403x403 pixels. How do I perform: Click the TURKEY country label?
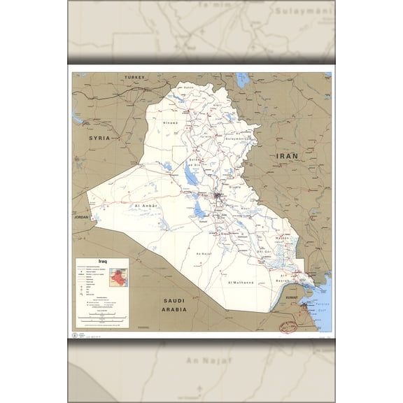[x=133, y=76]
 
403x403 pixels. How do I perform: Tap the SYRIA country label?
[x=99, y=139]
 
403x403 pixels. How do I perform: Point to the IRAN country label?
[x=287, y=155]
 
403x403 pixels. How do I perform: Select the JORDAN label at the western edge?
[x=83, y=218]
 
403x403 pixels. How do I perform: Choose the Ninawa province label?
[x=171, y=122]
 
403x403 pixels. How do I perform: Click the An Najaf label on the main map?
[x=204, y=253]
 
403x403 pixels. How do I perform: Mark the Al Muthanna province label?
[x=241, y=282]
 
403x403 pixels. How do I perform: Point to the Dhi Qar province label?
[x=264, y=250]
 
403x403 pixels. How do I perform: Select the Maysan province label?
[x=281, y=238]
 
